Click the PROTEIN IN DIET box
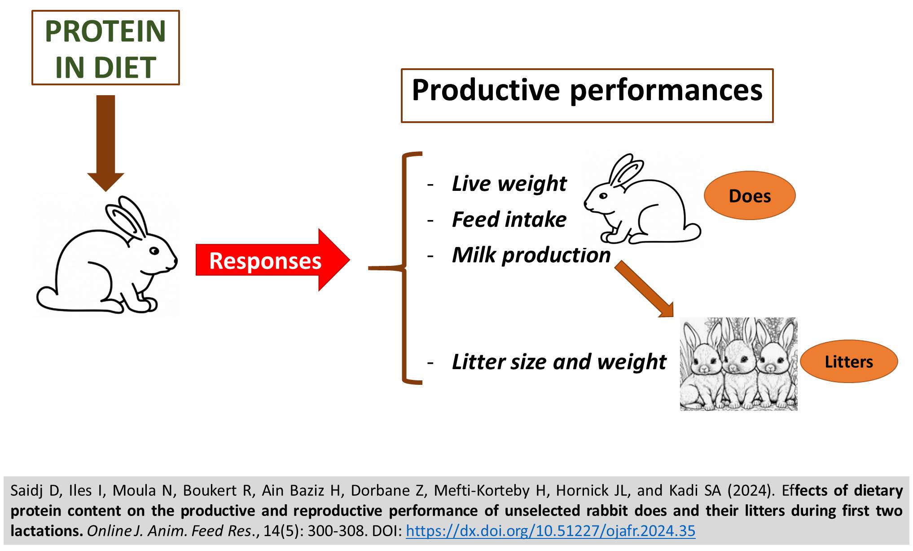[x=105, y=48]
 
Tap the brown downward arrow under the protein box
[x=105, y=143]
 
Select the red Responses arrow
[x=272, y=260]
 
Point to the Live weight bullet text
[x=509, y=184]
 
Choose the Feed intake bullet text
[x=509, y=220]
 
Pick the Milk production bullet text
[x=531, y=256]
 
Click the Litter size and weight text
[x=559, y=362]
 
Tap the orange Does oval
[x=750, y=195]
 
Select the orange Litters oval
[x=849, y=361]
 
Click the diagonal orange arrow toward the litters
[x=644, y=290]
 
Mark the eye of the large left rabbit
[x=154, y=251]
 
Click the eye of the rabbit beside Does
[x=603, y=196]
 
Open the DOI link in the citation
[x=550, y=531]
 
